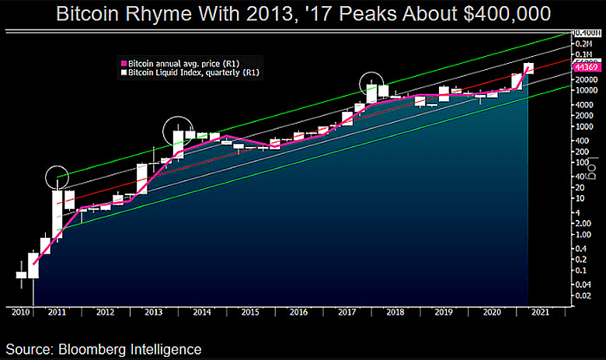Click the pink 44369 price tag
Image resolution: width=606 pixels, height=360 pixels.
tap(584, 68)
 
